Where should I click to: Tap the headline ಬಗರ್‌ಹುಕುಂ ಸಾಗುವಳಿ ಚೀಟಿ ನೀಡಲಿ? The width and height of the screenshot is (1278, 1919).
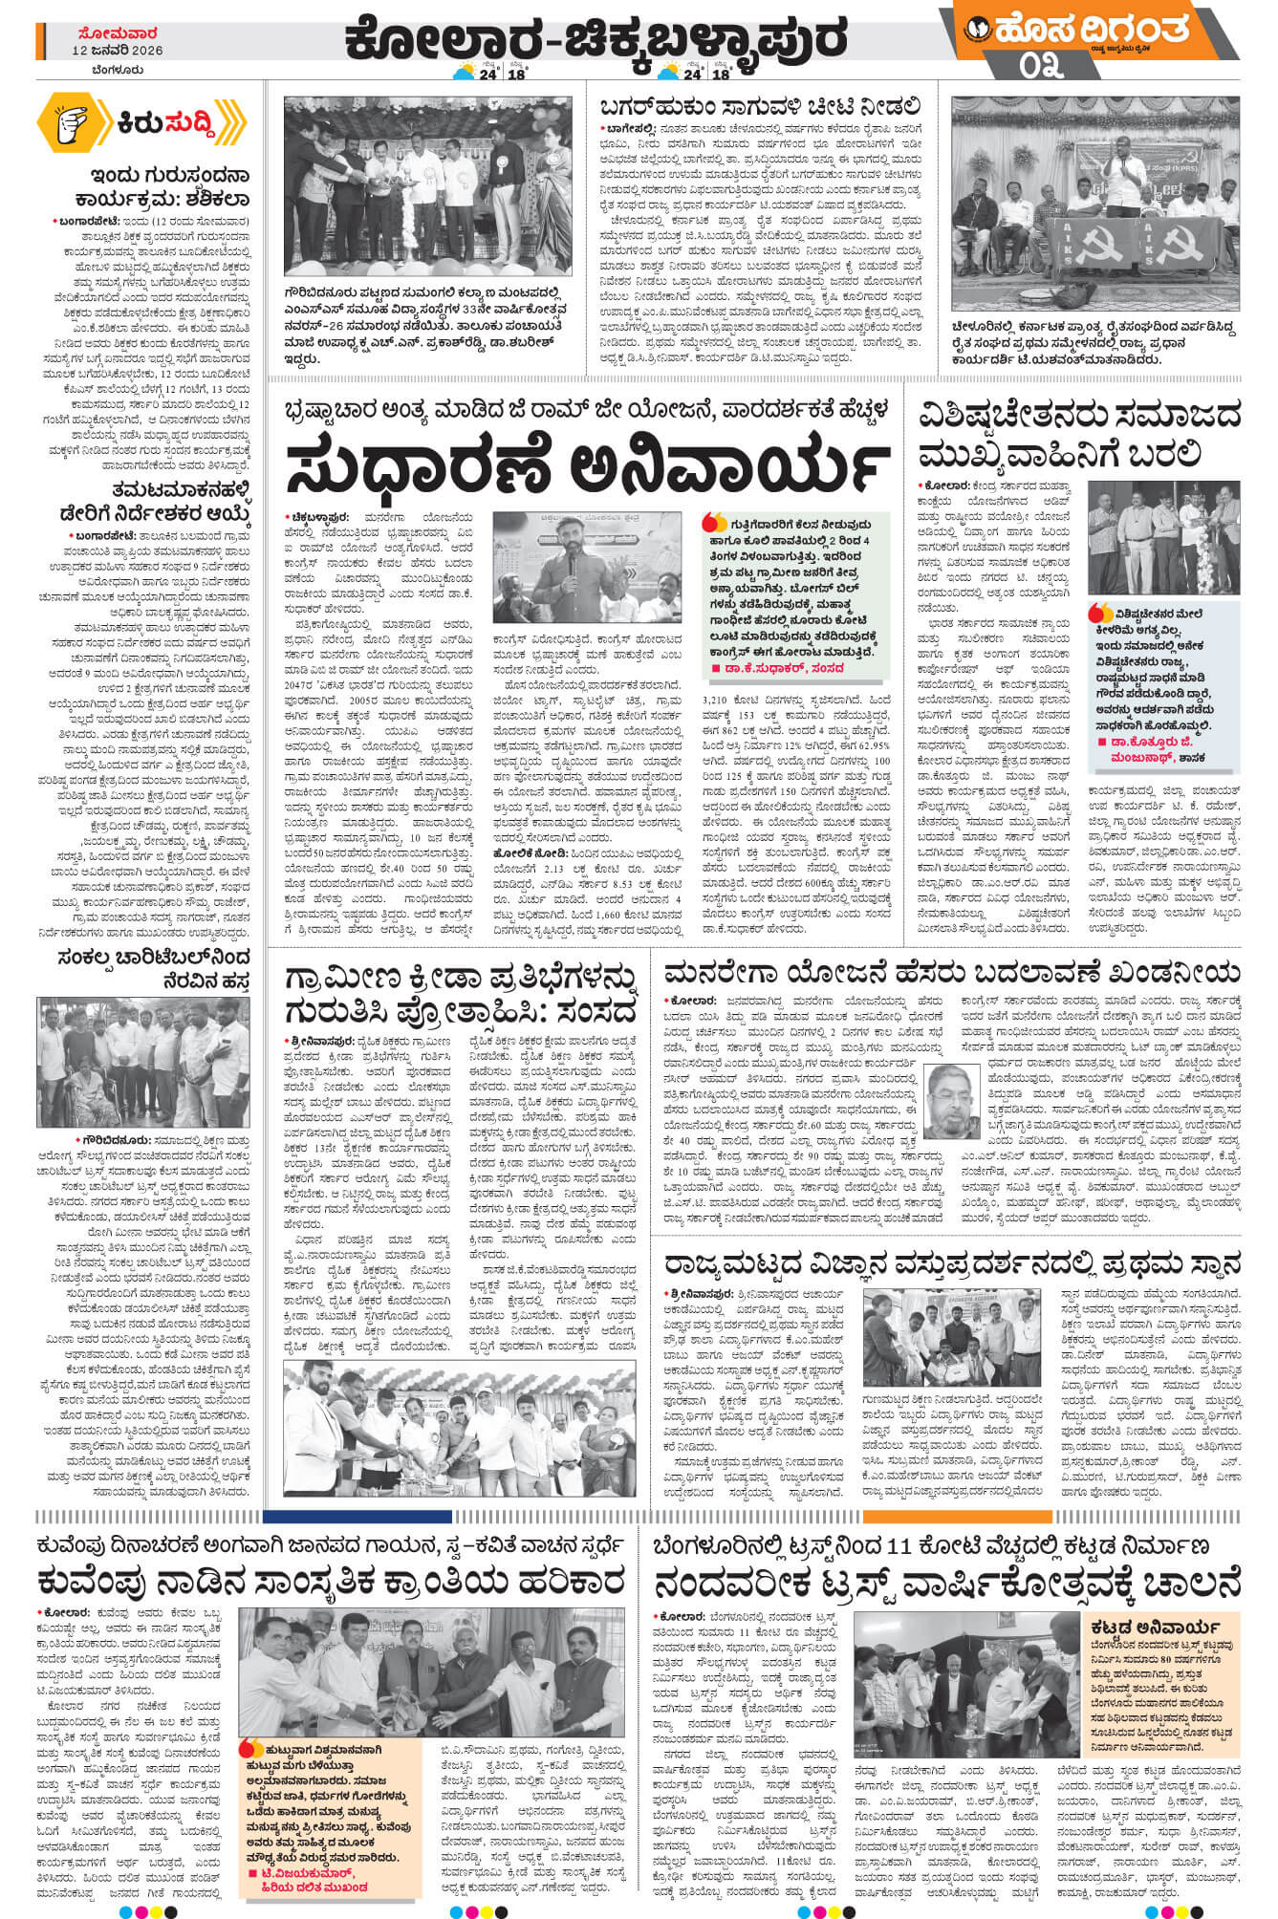pos(761,106)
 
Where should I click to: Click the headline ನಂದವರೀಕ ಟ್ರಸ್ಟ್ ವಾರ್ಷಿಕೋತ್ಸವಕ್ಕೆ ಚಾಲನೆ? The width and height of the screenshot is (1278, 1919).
pos(946,1581)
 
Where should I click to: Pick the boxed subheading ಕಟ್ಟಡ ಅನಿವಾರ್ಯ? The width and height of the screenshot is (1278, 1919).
pos(1152,1627)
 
